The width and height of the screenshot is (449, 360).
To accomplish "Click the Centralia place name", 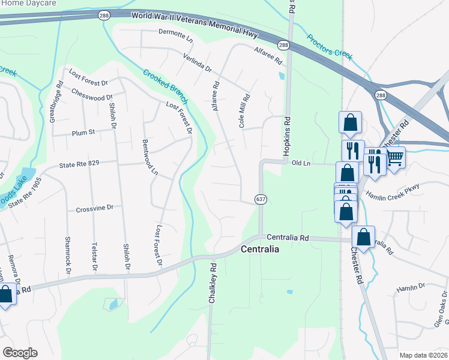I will [259, 249].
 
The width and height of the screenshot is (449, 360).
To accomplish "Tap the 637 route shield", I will [260, 199].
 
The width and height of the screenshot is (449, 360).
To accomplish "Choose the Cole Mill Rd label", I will [244, 110].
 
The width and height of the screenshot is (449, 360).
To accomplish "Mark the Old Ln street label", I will [300, 163].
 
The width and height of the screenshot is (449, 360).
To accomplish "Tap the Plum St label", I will [83, 133].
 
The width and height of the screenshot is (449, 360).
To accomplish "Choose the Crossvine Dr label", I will [94, 209].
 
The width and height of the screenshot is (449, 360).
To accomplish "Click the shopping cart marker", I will [394, 158].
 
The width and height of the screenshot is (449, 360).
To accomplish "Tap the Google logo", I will [20, 352].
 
